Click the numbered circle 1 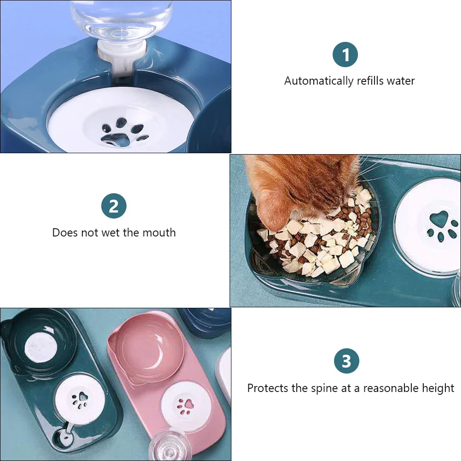click(x=345, y=55)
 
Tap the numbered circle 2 click(x=114, y=206)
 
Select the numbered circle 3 click(x=346, y=361)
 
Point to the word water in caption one click(x=400, y=81)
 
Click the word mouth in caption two click(x=161, y=233)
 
